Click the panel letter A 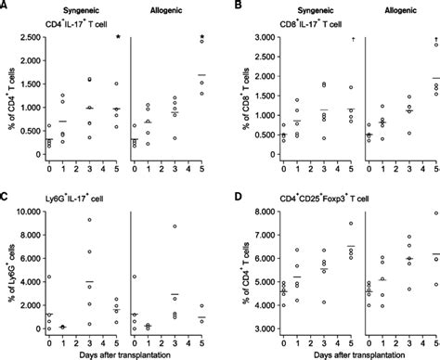6,6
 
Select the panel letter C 6,189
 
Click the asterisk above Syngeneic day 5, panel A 118,38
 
